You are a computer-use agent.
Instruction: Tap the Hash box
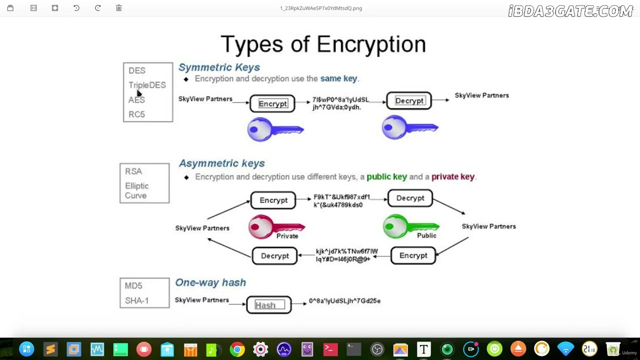(x=269, y=305)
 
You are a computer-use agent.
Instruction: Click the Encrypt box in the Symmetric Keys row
(x=272, y=103)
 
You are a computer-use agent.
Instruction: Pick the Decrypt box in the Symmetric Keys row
(x=409, y=100)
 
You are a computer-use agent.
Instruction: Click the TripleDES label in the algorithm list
(x=147, y=85)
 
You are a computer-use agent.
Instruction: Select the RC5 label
(x=136, y=114)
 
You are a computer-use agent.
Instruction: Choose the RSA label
(x=133, y=171)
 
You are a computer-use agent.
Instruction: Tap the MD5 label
(x=133, y=285)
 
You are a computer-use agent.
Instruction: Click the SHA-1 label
(x=137, y=300)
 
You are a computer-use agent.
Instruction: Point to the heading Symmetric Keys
(x=219, y=67)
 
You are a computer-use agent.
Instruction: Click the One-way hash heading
(x=210, y=282)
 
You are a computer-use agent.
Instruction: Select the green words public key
(x=386, y=176)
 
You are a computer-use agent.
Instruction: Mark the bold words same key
(x=338, y=78)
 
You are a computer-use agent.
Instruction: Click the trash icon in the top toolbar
(x=119, y=8)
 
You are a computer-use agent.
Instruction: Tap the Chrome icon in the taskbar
(x=237, y=349)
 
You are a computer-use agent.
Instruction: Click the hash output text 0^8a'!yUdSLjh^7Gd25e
(x=344, y=300)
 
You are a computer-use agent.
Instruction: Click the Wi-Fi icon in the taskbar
(x=565, y=349)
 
